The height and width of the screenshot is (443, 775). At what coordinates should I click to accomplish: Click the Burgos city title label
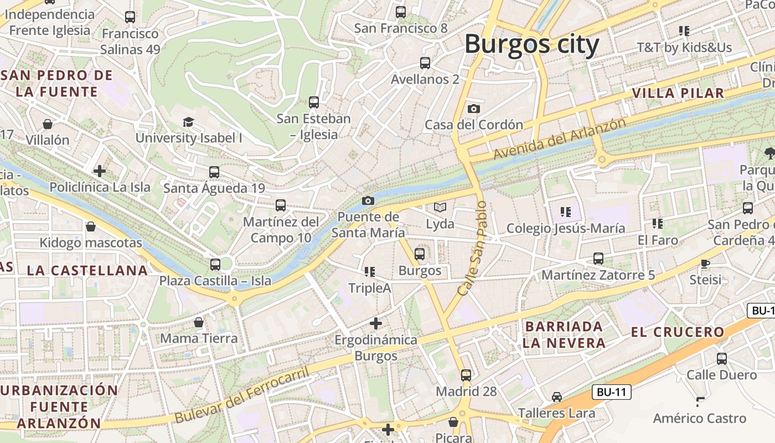point(531,44)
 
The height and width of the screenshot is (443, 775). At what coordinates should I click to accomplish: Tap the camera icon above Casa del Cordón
point(474,109)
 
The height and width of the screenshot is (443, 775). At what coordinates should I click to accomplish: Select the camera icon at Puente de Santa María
point(368,200)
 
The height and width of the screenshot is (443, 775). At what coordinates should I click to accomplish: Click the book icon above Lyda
point(440,208)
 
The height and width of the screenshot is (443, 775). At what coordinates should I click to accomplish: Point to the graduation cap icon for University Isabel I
point(189,122)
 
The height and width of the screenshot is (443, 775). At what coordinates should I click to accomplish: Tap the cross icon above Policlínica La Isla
point(100,171)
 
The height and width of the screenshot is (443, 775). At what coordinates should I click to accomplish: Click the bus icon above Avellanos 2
point(425,63)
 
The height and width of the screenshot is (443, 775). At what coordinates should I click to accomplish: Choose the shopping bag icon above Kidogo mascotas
point(91,226)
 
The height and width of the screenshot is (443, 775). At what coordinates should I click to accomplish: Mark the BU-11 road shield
point(612,393)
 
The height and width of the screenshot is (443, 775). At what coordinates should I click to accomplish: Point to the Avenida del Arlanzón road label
point(559,139)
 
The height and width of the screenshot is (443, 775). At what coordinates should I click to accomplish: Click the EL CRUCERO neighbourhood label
point(678,332)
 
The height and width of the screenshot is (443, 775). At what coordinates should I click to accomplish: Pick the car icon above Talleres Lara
point(557,397)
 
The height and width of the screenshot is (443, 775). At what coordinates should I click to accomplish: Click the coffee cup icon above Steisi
point(705,264)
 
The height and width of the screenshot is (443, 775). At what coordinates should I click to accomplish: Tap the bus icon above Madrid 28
point(466,375)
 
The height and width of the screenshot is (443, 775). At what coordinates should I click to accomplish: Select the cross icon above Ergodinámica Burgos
point(376,323)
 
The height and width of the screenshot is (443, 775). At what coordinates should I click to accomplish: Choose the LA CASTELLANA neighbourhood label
point(87,271)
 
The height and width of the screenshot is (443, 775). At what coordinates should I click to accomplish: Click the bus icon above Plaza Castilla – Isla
point(215,265)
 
